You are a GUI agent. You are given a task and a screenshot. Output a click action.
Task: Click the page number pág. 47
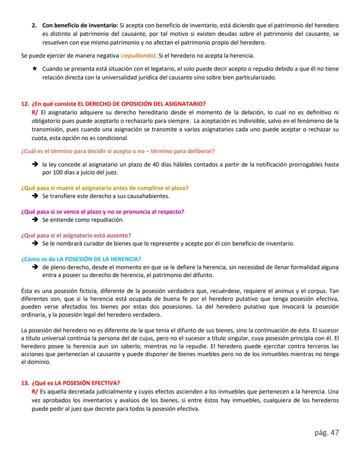point(326,432)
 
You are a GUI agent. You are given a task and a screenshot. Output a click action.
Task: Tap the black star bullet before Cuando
point(34,69)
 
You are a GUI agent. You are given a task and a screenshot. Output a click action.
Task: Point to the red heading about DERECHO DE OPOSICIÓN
point(118,104)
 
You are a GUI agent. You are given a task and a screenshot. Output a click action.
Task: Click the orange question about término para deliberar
point(118,151)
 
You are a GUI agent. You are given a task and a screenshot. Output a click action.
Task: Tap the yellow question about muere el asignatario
point(105,188)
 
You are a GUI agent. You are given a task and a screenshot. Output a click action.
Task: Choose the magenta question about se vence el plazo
point(103,211)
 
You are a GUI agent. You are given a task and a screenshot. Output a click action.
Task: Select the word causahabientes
point(144,196)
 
